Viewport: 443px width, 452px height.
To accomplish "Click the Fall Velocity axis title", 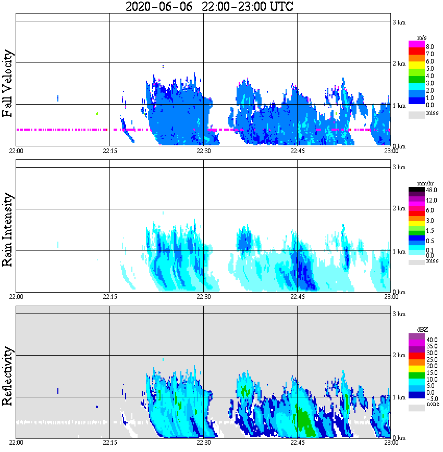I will pyautogui.click(x=8, y=84).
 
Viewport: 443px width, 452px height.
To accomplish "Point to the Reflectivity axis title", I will pyautogui.click(x=8, y=375).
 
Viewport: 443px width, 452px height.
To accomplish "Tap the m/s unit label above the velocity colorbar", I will pyautogui.click(x=421, y=38).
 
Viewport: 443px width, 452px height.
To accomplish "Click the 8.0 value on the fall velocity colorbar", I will pyautogui.click(x=429, y=47).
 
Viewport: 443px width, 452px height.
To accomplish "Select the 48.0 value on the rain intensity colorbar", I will pyautogui.click(x=430, y=191).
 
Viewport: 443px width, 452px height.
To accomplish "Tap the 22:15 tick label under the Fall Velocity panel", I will pyautogui.click(x=109, y=152).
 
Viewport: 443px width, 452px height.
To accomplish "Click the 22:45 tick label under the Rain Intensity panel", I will pyautogui.click(x=297, y=297).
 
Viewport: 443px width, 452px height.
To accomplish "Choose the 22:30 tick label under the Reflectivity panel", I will pyautogui.click(x=203, y=443).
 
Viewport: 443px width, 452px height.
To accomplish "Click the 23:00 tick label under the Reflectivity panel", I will pyautogui.click(x=391, y=443).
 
